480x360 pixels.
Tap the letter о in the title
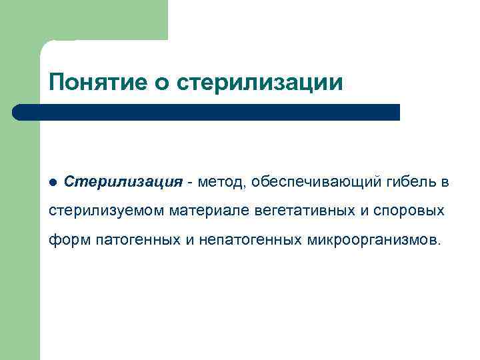pyautogui.click(x=164, y=84)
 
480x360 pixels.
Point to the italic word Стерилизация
pyautogui.click(x=123, y=183)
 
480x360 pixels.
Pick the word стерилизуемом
pyautogui.click(x=107, y=211)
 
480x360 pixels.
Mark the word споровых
pyautogui.click(x=412, y=211)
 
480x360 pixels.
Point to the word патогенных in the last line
pyautogui.click(x=138, y=239)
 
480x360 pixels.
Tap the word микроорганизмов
pyautogui.click(x=373, y=239)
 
